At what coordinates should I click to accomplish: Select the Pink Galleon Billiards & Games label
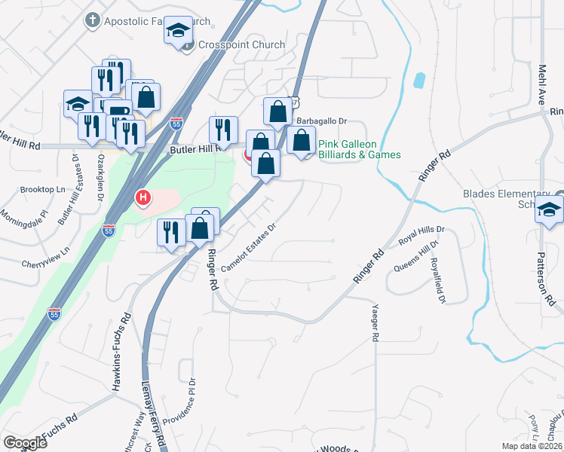[359, 149]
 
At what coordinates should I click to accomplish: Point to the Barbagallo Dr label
[321, 121]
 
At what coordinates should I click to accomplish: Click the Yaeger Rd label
[375, 323]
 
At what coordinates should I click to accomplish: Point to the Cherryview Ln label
[39, 256]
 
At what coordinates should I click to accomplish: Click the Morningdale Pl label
[24, 213]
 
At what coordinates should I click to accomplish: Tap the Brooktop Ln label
[44, 191]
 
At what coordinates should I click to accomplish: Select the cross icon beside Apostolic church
[92, 20]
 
